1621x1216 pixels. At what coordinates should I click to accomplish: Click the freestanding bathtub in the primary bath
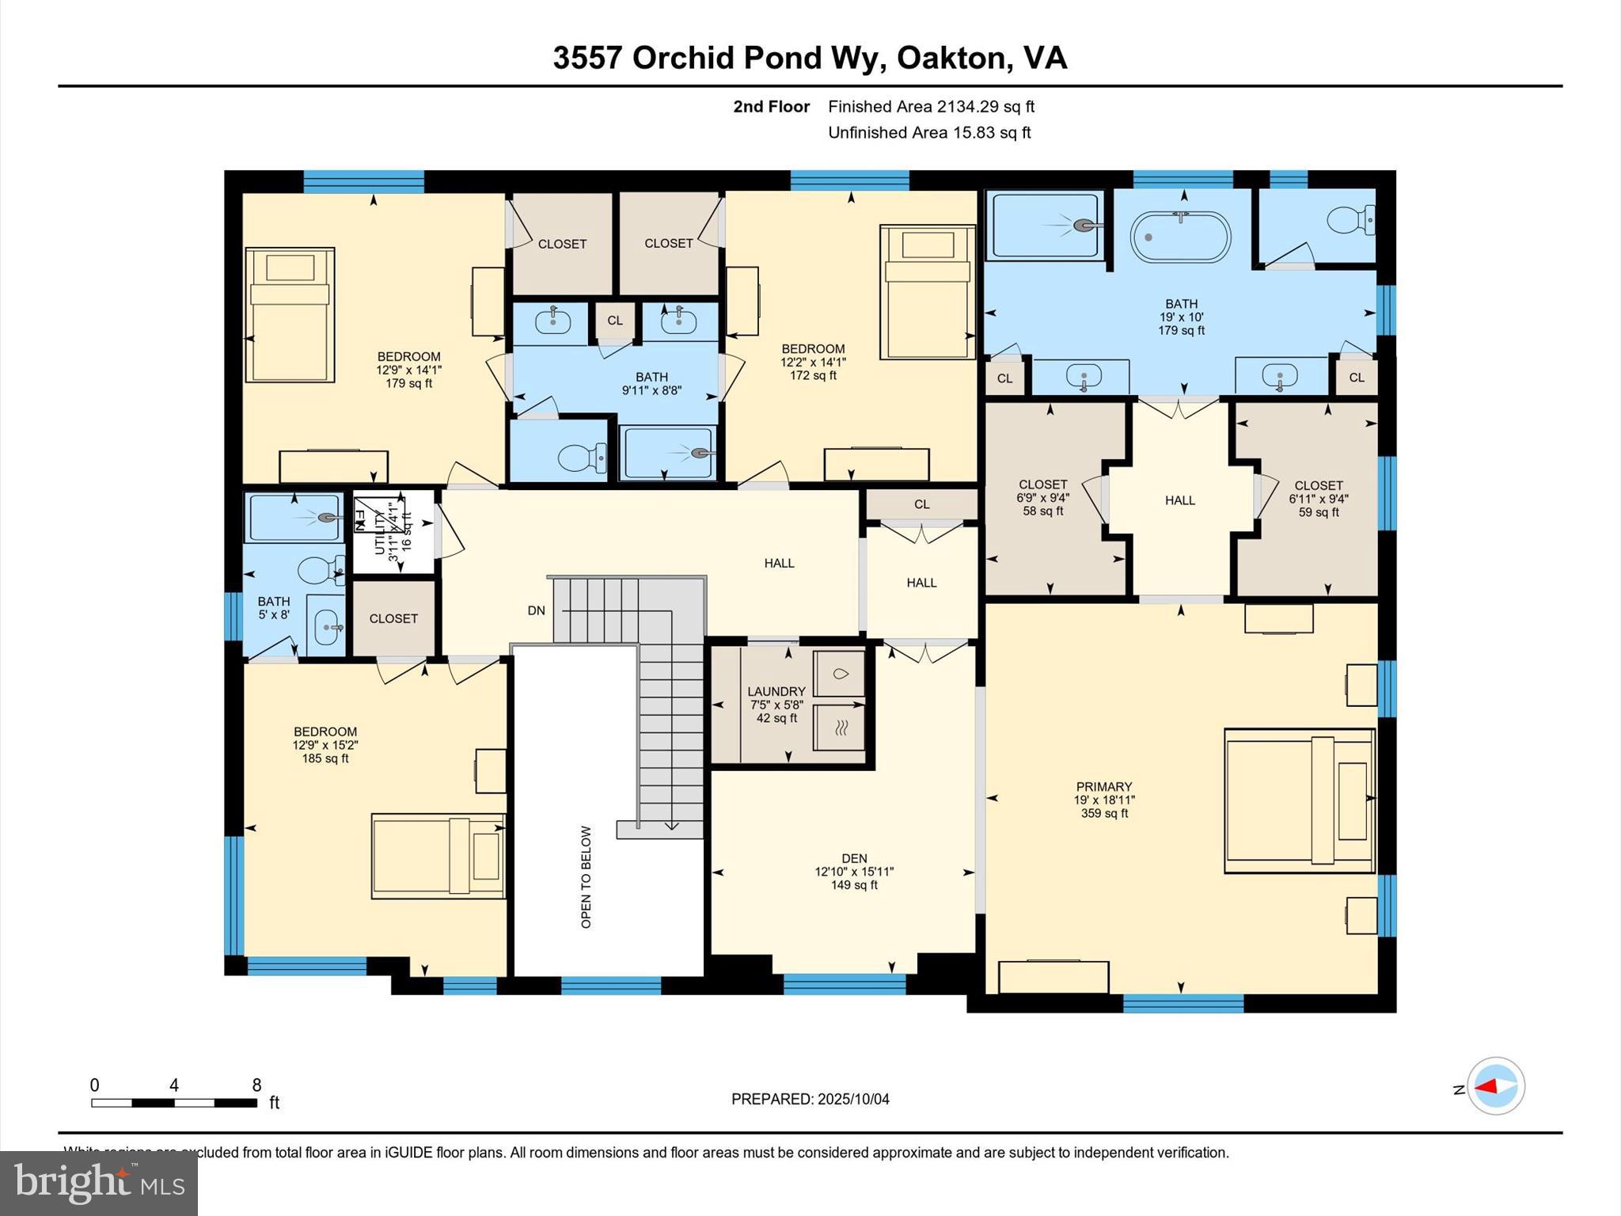click(x=1180, y=237)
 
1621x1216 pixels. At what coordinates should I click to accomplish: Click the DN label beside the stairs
click(x=537, y=610)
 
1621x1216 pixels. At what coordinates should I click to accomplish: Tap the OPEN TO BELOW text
click(x=586, y=876)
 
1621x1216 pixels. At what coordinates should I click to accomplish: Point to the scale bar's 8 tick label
click(x=256, y=1085)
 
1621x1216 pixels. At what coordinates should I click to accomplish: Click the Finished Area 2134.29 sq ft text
click(x=931, y=106)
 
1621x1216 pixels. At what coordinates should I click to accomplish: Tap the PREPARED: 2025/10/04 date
click(x=810, y=1099)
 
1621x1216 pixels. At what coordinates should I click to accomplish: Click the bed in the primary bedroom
click(x=1298, y=800)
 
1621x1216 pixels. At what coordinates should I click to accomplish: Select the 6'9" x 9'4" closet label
click(x=1042, y=497)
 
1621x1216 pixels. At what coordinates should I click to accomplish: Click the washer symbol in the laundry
click(x=840, y=674)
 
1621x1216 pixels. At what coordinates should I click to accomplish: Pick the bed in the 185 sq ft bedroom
click(x=438, y=856)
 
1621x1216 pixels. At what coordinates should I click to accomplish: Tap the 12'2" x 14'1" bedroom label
click(x=813, y=362)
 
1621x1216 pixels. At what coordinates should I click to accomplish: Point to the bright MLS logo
click(x=99, y=1183)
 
